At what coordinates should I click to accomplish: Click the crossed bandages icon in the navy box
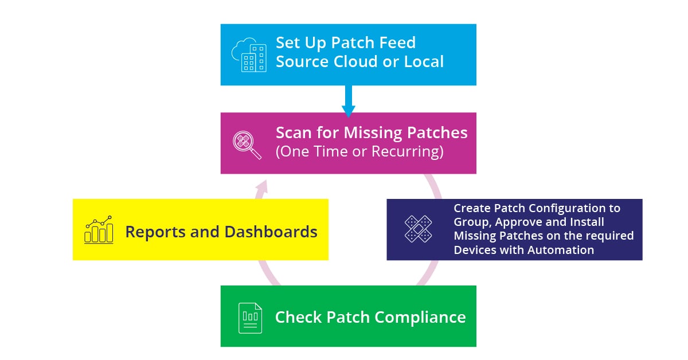419,229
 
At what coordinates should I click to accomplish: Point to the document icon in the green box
250,316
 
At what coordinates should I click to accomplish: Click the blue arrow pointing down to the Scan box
349,101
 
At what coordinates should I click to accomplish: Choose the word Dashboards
271,232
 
